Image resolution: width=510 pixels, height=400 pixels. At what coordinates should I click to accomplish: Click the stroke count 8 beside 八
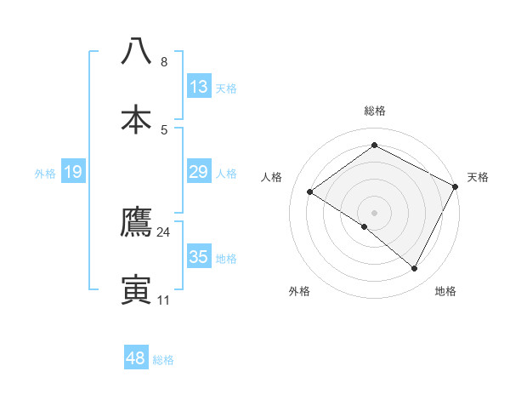164,62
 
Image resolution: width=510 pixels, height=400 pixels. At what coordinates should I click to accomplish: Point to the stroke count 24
164,232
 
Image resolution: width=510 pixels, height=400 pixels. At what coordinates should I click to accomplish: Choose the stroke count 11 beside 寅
164,300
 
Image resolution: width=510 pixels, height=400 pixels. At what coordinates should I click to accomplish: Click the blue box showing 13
199,87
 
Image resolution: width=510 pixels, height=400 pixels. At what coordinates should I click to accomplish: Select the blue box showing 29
199,173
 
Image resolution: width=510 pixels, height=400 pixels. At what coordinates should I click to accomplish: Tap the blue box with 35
199,257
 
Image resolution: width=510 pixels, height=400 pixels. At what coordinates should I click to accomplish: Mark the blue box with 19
73,173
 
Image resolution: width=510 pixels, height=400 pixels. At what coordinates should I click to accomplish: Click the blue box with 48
136,358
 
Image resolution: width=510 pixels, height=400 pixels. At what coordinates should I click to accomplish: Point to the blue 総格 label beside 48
163,360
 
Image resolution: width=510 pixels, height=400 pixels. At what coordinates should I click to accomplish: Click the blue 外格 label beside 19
45,174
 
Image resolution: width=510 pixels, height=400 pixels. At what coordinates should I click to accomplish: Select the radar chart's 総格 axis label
375,111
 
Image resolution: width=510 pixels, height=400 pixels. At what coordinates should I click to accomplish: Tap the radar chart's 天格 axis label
479,177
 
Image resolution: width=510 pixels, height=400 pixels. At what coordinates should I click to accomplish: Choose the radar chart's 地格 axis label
445,291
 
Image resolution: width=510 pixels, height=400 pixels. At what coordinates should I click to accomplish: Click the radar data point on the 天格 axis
456,186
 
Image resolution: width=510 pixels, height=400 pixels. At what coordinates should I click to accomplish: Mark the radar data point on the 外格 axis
365,226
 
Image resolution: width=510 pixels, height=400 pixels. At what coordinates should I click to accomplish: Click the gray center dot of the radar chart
375,212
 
